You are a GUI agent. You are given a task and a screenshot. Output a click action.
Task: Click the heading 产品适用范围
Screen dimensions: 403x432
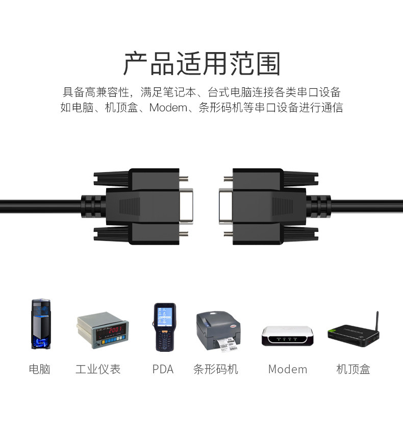202,64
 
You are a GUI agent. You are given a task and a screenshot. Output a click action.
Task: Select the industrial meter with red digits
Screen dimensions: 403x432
103,330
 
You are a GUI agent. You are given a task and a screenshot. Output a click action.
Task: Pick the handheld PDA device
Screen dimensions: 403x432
164,327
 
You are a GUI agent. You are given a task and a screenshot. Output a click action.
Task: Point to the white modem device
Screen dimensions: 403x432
287,335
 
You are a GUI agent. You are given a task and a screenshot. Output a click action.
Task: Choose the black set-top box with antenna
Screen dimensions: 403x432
352,335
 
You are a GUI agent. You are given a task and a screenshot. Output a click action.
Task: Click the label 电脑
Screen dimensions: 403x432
40,369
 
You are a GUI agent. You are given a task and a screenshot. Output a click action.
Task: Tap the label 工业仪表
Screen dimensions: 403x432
98,369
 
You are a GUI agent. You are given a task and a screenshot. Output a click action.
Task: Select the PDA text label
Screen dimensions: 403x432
163,369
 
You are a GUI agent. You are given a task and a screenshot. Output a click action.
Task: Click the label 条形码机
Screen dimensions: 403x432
216,369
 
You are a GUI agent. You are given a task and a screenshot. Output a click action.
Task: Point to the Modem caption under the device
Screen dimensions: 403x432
288,369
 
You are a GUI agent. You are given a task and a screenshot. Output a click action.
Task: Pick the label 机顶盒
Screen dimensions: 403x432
353,369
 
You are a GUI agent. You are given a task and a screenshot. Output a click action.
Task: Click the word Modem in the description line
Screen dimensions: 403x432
168,108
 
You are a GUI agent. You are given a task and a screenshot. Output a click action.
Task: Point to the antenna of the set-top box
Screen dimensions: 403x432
377,321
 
